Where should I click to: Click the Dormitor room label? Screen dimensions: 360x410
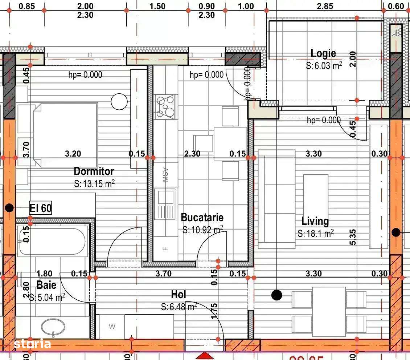tap(94, 171)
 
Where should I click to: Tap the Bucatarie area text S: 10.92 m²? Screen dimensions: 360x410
tap(202, 230)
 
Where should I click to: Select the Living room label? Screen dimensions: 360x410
tap(315, 221)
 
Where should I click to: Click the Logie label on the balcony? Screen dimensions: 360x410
tap(323, 53)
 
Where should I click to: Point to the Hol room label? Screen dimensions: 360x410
tap(179, 294)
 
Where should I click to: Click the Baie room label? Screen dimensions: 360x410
tap(46, 284)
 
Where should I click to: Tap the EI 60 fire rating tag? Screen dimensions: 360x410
tap(40, 209)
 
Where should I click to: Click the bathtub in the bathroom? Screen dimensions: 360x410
tap(52, 241)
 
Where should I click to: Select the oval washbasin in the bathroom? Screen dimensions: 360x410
tap(53, 327)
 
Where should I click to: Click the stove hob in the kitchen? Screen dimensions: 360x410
tap(165, 107)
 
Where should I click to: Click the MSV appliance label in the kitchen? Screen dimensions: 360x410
tap(165, 174)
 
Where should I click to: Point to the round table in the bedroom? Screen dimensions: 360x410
tap(119, 101)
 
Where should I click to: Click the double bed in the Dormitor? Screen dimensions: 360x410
tap(65, 135)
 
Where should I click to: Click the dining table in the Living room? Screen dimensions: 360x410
tap(329, 311)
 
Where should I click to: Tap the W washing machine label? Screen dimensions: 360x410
tap(112, 327)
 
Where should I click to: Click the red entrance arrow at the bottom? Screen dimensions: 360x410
tap(205, 356)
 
